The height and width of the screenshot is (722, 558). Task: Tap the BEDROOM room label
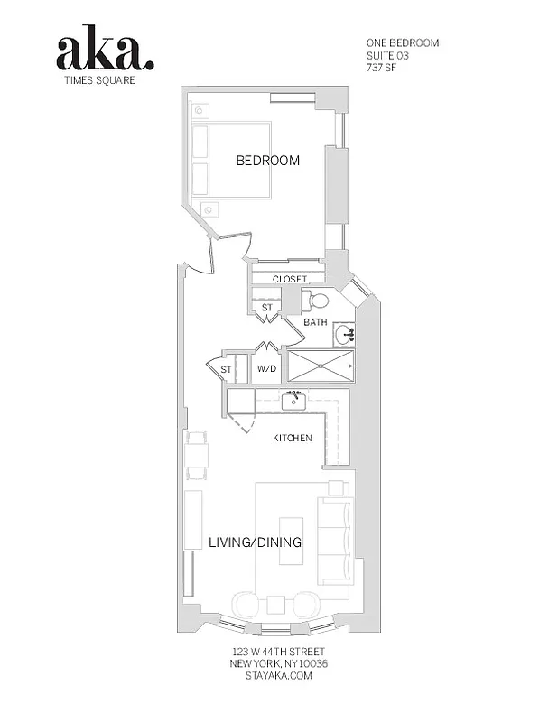coord(267,161)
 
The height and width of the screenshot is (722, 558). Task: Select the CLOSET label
coord(290,280)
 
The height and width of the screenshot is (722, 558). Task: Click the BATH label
coord(315,322)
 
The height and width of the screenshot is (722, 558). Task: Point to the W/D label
coord(266,369)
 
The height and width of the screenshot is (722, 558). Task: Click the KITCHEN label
coord(293,439)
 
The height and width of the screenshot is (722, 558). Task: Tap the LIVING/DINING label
coord(255,542)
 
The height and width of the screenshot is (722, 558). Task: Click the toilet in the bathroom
coord(316,301)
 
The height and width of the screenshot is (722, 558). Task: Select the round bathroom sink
coord(344,335)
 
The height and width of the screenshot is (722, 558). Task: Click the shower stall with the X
coord(321,367)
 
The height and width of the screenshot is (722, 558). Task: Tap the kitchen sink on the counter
coord(293,402)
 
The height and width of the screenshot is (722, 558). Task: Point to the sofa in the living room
coord(336,541)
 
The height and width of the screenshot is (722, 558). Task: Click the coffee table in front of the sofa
coord(291,540)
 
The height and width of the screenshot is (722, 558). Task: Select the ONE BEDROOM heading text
coord(403,42)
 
